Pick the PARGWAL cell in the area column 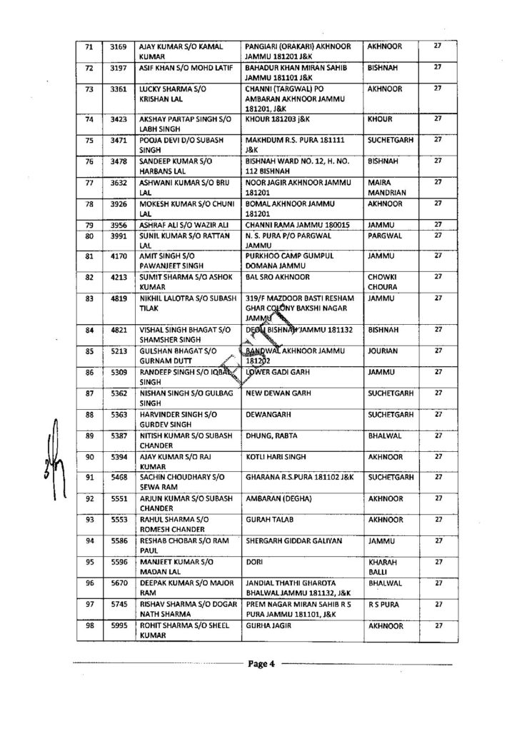[x=384, y=235]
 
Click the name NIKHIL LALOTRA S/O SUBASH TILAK [x=175, y=303]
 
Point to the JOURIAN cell [x=384, y=351]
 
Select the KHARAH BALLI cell [x=384, y=565]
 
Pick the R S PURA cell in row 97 [x=383, y=605]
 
